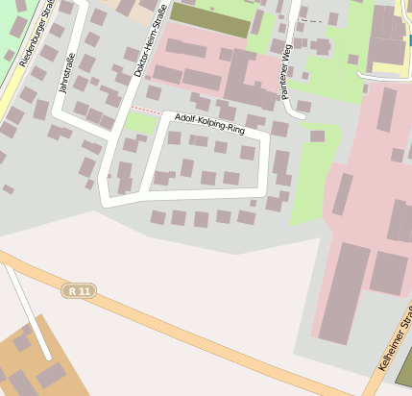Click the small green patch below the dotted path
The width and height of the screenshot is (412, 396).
click(x=140, y=124)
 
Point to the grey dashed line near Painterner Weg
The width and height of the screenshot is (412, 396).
click(x=310, y=19)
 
